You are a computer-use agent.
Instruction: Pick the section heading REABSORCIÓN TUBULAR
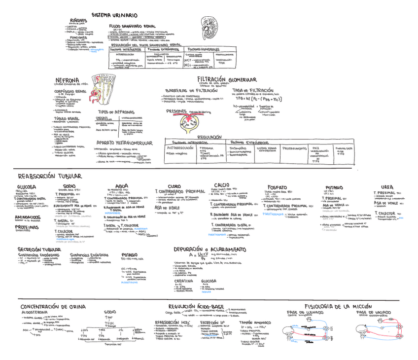pos(50,176)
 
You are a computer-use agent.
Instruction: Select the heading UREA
pos(387,187)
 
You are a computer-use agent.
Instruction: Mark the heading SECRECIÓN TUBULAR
pos(39,250)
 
